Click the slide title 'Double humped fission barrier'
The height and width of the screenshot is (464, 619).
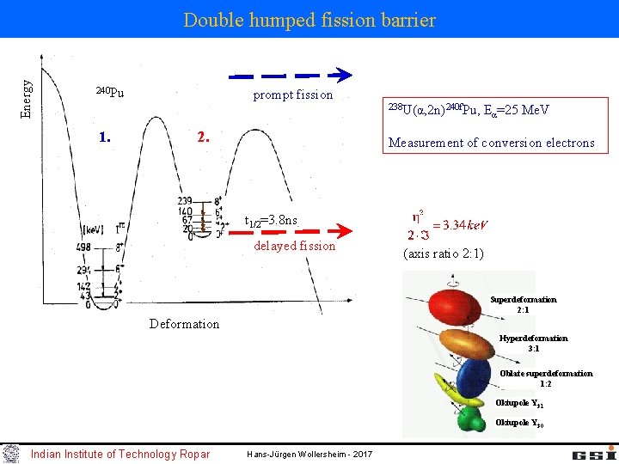tap(309, 19)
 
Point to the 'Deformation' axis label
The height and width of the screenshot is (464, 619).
tap(184, 324)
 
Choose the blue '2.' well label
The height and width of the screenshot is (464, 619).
tap(203, 137)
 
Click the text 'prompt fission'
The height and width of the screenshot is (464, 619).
tap(292, 95)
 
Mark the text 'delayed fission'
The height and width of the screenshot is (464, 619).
tap(295, 246)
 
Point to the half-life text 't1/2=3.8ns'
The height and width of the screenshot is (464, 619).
tap(271, 221)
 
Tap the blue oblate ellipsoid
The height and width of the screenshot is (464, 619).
tap(474, 375)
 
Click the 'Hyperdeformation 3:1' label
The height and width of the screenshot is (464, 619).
tap(533, 343)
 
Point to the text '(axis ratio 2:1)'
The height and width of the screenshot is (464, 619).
tap(443, 253)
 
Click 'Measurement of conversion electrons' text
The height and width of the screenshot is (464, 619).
tap(491, 143)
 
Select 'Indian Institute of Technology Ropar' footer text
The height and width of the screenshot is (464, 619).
tap(120, 454)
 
